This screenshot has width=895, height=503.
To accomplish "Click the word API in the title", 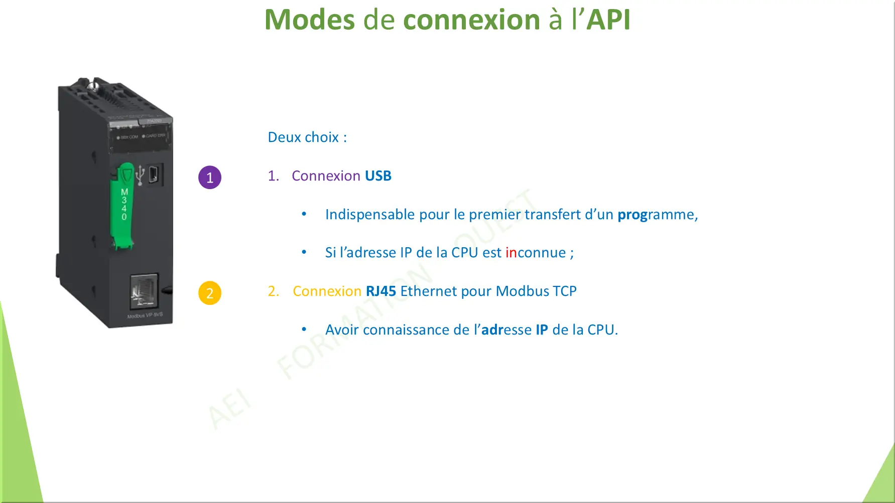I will [x=608, y=20].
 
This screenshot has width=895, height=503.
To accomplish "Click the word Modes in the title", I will [x=309, y=20].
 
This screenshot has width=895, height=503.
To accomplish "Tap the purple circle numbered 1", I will [x=210, y=178].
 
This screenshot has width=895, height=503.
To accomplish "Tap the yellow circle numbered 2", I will [x=210, y=293].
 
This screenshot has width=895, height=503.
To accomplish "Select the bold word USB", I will [x=378, y=176].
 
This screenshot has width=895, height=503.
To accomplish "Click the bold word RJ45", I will [x=381, y=291].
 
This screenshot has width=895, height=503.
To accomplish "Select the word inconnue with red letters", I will [x=536, y=253].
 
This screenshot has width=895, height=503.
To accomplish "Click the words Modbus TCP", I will [x=536, y=291].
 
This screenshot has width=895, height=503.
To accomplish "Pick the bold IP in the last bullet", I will [x=542, y=330].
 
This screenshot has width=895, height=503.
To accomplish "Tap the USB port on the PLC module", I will [x=154, y=175].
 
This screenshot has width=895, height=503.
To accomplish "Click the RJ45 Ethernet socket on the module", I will [x=144, y=291].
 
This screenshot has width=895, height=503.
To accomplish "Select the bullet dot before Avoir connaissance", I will [x=304, y=329].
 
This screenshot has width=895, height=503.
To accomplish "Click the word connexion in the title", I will [x=471, y=20].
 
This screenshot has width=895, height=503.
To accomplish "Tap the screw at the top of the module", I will [x=93, y=85].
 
